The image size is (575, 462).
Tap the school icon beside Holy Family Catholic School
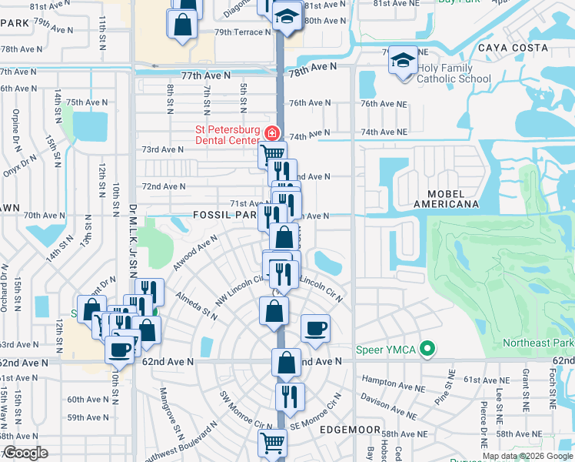pyautogui.click(x=403, y=63)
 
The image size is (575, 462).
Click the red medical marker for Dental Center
pyautogui.click(x=270, y=134)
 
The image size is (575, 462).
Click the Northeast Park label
pyautogui.click(x=538, y=343)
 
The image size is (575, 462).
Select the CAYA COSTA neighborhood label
pyautogui.click(x=514, y=48)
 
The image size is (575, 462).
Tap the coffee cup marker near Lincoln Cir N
pyautogui.click(x=316, y=329)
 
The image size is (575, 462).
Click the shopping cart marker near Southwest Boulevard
pyautogui.click(x=272, y=444)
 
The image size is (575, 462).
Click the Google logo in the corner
pyautogui.click(x=26, y=453)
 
